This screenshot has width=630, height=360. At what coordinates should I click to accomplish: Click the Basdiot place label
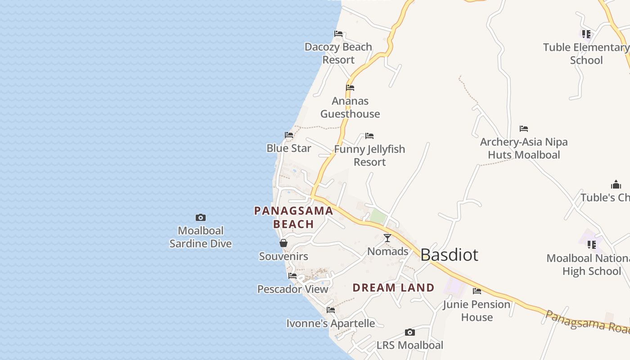click(449, 255)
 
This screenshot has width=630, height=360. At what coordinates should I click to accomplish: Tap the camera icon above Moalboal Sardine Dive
click(201, 218)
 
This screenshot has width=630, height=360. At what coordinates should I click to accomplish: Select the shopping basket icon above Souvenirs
click(283, 243)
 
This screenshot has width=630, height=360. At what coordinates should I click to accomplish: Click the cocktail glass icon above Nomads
click(387, 238)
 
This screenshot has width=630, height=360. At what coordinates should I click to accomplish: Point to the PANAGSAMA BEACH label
click(293, 217)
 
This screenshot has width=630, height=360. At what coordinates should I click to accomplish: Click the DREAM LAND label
click(393, 288)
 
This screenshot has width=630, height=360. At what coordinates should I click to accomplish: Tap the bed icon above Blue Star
click(289, 135)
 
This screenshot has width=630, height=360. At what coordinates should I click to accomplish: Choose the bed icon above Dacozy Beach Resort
click(338, 34)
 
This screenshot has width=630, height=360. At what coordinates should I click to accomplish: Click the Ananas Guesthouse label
click(350, 108)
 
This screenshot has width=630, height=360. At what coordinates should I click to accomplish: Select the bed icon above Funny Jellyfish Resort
click(369, 136)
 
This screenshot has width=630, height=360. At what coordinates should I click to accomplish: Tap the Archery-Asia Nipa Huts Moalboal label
click(524, 148)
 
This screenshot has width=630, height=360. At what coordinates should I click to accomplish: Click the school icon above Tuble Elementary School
click(586, 34)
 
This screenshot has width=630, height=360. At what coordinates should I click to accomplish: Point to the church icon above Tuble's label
click(616, 184)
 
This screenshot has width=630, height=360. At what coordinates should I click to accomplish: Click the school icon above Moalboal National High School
click(591, 245)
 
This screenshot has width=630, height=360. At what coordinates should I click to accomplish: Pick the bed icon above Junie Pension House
click(477, 291)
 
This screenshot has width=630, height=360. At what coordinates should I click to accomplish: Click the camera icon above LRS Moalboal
click(409, 333)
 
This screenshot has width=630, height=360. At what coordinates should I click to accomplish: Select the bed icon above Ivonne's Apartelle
click(331, 310)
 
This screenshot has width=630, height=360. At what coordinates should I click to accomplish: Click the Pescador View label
click(292, 289)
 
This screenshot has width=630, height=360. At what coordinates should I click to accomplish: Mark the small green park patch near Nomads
click(378, 217)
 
